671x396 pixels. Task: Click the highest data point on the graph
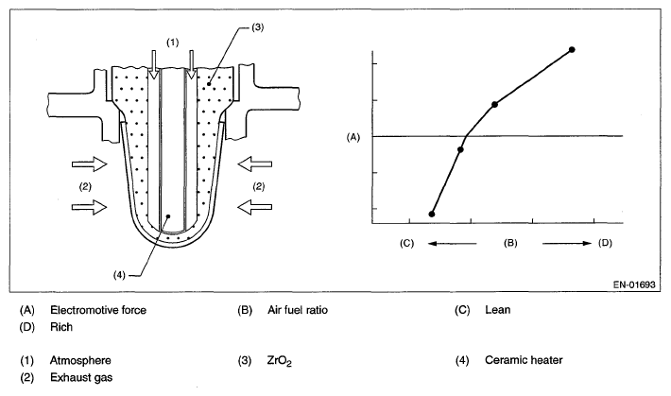pyautogui.click(x=572, y=48)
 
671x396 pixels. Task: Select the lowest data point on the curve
pyautogui.click(x=431, y=215)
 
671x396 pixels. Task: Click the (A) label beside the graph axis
pyautogui.click(x=354, y=137)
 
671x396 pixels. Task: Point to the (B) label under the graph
pyautogui.click(x=509, y=244)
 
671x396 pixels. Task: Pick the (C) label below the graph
pyautogui.click(x=407, y=244)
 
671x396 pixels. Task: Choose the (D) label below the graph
pyautogui.click(x=605, y=244)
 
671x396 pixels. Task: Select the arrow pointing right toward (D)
pyautogui.click(x=567, y=244)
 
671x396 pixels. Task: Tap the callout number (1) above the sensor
pyautogui.click(x=171, y=42)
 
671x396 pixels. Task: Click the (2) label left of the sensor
pyautogui.click(x=86, y=186)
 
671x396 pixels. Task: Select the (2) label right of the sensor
pyautogui.click(x=258, y=186)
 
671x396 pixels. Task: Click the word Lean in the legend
pyautogui.click(x=497, y=309)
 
